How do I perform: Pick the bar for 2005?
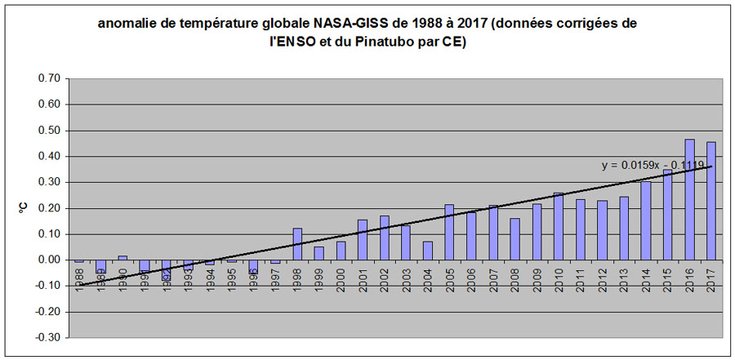449,232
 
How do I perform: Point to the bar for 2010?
559,226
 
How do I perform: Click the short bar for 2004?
428,250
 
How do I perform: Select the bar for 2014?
645,220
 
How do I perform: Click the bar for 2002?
384,238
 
